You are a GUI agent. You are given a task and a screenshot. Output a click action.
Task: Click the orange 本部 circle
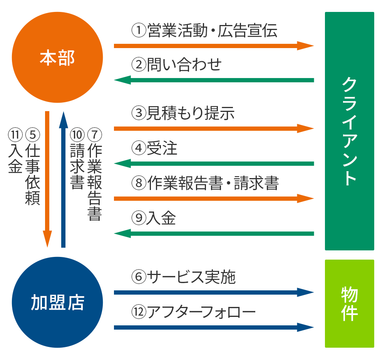(57, 57)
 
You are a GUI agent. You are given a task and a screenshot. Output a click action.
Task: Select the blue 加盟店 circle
(57, 302)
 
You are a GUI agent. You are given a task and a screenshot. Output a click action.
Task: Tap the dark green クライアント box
(349, 131)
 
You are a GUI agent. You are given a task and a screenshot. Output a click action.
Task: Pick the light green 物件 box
(349, 303)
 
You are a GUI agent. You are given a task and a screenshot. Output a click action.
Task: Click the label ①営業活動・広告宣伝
(204, 31)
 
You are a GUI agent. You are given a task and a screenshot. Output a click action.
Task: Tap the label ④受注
(154, 148)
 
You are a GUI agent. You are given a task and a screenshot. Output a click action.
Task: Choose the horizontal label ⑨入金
(154, 218)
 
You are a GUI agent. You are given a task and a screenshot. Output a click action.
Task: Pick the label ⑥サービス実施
(183, 277)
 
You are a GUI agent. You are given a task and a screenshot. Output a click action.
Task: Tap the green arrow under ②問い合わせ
(214, 80)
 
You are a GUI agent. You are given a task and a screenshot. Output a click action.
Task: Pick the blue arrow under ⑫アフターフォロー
(214, 328)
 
